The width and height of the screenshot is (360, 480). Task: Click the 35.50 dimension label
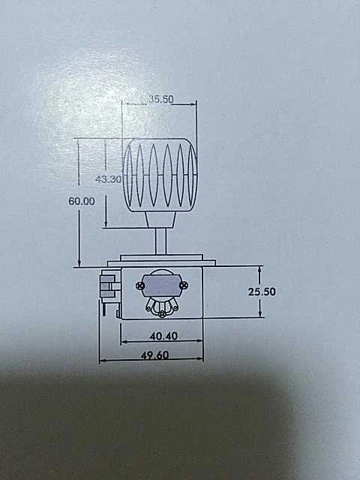click(161, 99)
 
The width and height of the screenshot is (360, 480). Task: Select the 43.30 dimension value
click(108, 179)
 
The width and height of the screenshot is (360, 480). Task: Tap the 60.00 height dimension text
click(82, 201)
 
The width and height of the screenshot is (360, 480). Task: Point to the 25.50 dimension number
click(262, 292)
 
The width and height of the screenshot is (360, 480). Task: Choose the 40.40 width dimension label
click(163, 336)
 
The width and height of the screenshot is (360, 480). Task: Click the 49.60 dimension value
click(154, 355)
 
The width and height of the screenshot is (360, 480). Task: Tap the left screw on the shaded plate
click(140, 286)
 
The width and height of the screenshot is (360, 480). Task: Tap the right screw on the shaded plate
click(183, 286)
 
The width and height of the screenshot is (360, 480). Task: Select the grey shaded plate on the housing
click(162, 285)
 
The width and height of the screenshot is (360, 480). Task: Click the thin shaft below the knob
click(160, 241)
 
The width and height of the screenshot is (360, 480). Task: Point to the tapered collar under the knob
click(160, 220)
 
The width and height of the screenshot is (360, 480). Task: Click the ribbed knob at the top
click(160, 175)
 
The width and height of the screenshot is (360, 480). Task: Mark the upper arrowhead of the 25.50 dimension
click(260, 270)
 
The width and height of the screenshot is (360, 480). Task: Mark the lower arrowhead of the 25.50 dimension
click(260, 313)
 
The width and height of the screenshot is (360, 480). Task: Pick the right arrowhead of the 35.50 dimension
click(193, 104)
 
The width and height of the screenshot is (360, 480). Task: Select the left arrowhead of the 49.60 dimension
click(103, 361)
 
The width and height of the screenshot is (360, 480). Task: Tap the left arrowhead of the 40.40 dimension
click(125, 342)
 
